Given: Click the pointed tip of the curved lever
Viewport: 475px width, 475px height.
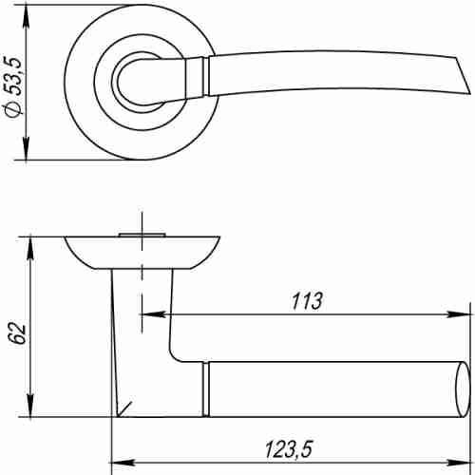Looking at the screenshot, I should tap(466, 95).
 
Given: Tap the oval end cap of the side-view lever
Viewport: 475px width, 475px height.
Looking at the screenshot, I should tap(464, 388).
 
